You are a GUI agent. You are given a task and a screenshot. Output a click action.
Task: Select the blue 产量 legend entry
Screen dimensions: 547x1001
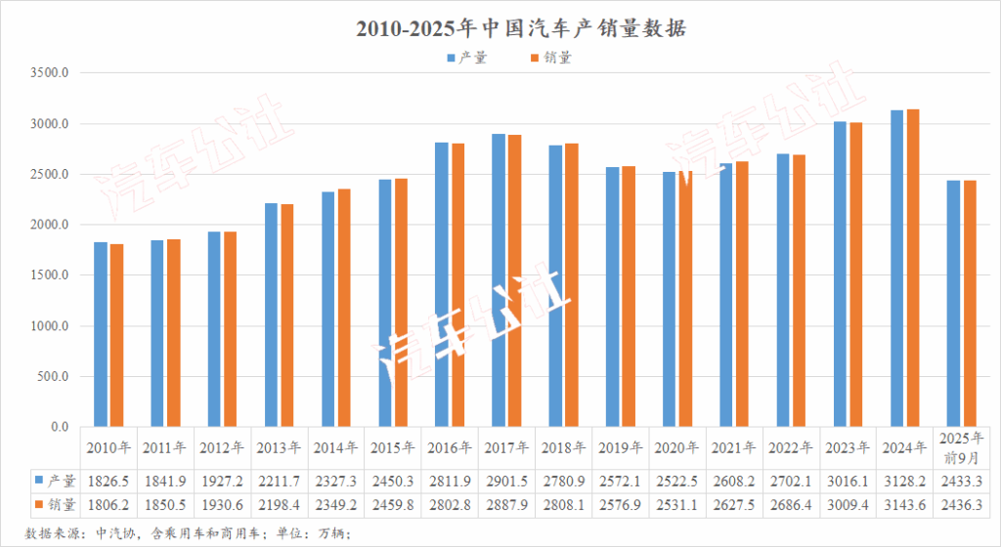tap(466, 58)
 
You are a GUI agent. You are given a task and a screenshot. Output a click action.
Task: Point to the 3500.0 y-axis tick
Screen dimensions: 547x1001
tap(50, 73)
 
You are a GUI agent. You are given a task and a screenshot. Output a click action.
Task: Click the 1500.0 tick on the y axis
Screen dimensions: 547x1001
tap(50, 275)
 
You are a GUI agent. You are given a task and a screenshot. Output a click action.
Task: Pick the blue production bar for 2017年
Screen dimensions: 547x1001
tap(499, 280)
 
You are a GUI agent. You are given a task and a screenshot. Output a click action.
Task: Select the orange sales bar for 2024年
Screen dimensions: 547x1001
tap(913, 268)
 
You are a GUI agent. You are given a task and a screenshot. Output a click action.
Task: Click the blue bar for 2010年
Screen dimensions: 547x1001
tap(101, 334)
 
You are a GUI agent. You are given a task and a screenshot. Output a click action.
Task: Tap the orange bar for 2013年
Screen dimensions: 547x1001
tap(287, 316)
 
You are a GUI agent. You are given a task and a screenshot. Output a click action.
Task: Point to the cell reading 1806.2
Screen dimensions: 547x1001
tap(108, 505)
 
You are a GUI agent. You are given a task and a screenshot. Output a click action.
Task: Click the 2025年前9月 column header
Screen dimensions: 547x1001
tap(962, 448)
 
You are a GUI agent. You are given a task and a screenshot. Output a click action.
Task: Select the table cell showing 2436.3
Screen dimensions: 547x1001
tap(962, 505)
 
